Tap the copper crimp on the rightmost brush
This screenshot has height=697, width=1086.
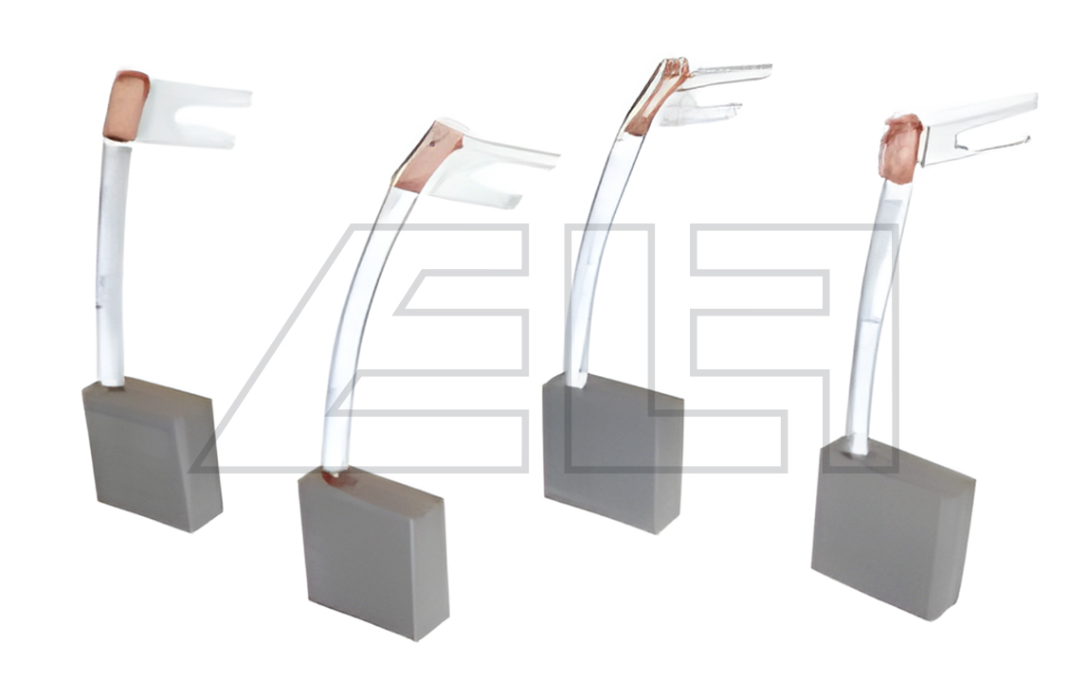pyautogui.click(x=901, y=148)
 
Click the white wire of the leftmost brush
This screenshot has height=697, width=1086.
pyautogui.click(x=111, y=263)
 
